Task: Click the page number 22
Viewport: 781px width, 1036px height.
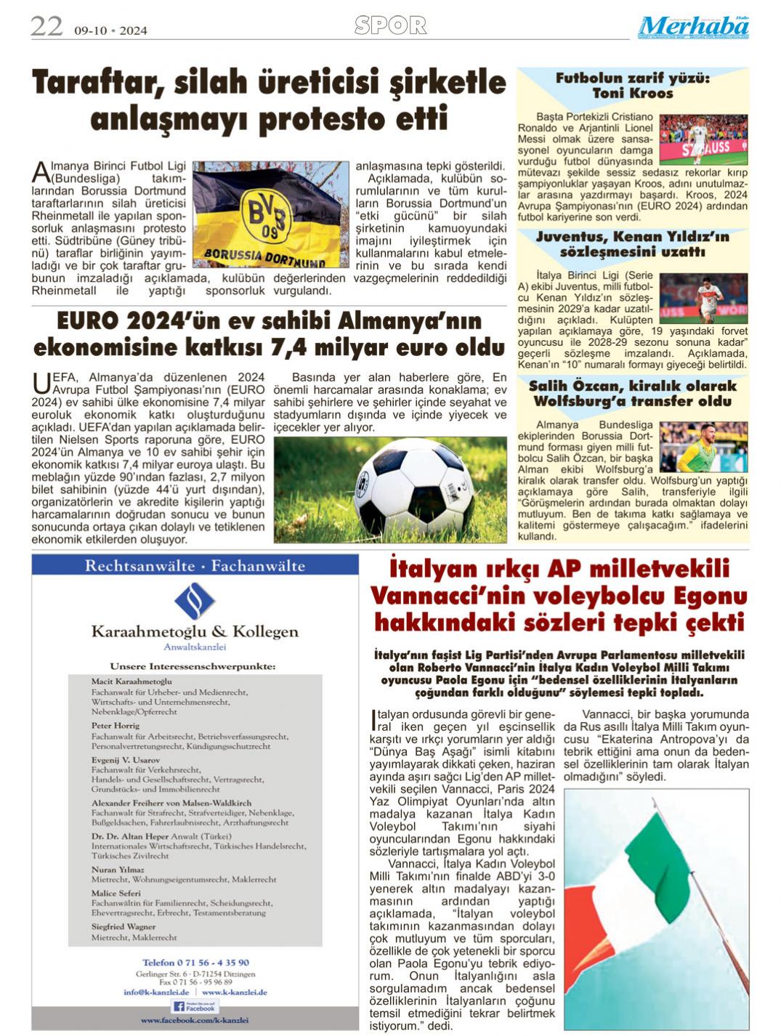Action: click(x=46, y=27)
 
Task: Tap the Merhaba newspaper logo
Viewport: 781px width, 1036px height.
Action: click(x=694, y=27)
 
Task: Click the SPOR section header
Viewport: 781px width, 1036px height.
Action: click(x=390, y=26)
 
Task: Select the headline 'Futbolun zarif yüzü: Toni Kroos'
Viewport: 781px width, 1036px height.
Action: click(x=632, y=86)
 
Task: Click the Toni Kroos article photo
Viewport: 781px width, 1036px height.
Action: click(x=703, y=139)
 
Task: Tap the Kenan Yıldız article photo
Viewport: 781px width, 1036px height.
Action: click(x=712, y=298)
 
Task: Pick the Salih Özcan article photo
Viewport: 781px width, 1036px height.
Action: click(x=703, y=447)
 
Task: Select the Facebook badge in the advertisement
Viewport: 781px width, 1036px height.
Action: click(x=195, y=1006)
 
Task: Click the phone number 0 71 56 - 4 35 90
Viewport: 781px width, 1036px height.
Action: click(x=195, y=963)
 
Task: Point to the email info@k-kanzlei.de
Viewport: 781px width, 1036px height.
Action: click(x=156, y=992)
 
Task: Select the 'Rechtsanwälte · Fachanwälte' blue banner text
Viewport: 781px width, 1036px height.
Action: click(x=195, y=566)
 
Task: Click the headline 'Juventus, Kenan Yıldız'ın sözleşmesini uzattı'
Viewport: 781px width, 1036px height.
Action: click(x=632, y=244)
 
